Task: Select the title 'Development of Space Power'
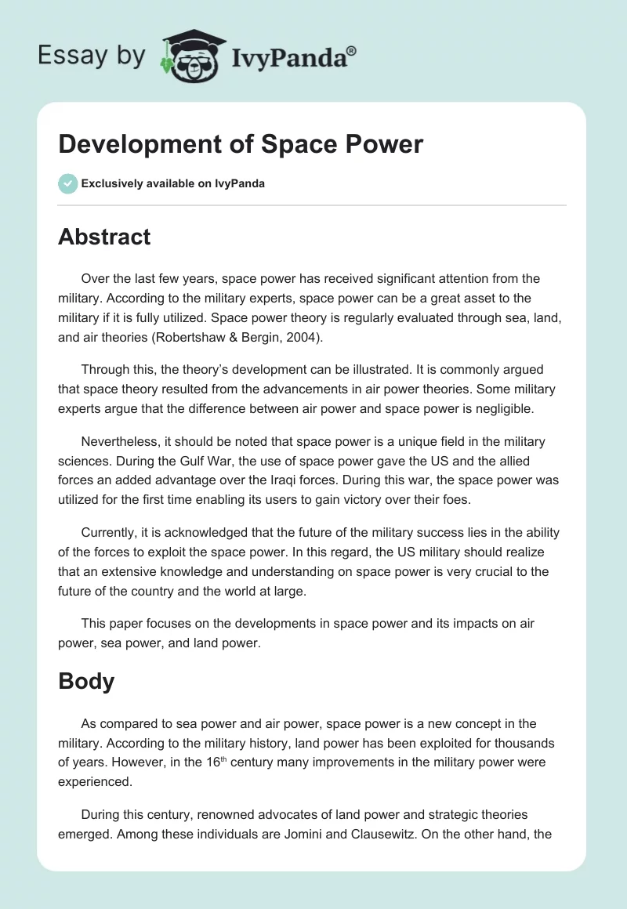point(241,144)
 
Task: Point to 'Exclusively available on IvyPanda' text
point(172,183)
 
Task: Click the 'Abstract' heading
point(104,236)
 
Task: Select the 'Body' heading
point(86,681)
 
